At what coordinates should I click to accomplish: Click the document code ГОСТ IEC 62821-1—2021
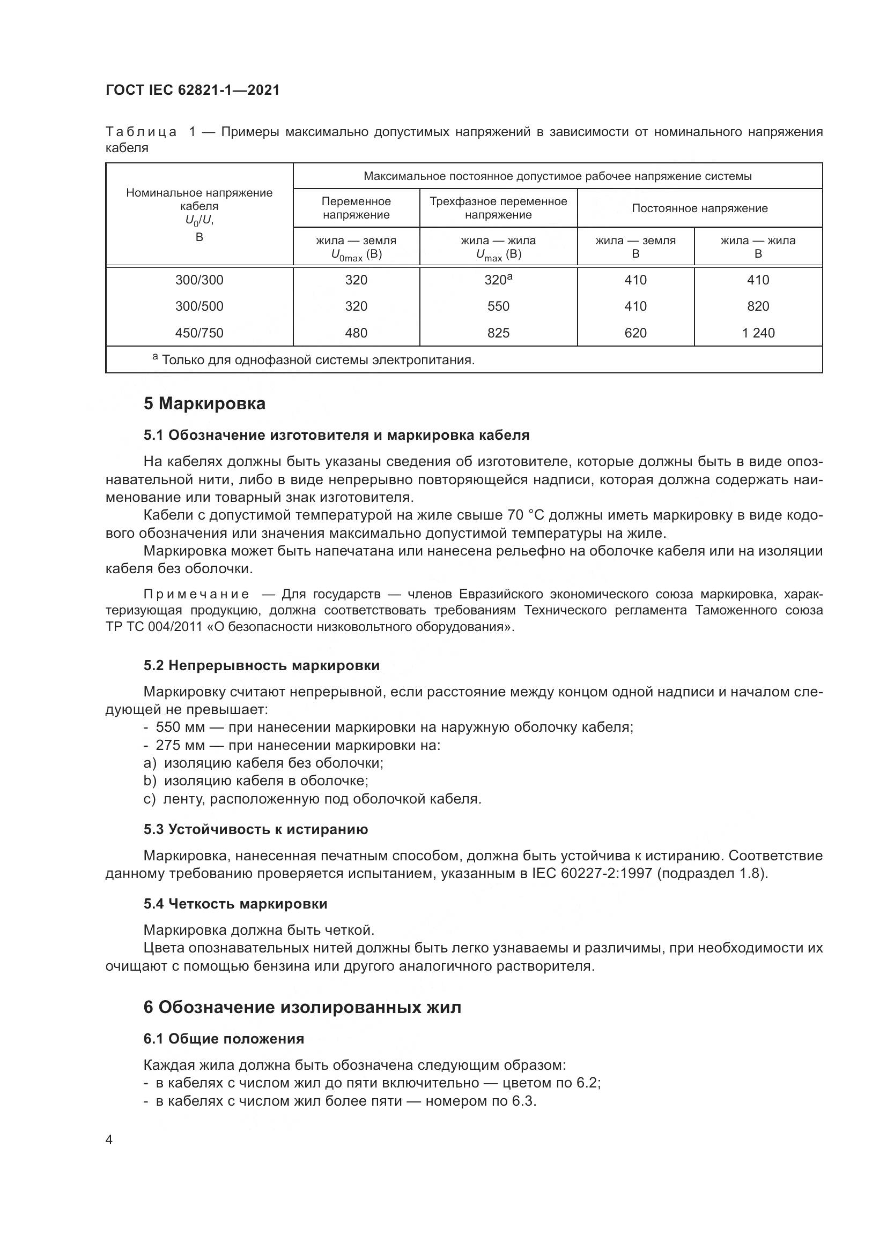(193, 90)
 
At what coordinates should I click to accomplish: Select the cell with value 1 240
(758, 333)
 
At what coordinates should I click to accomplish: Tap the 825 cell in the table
(498, 333)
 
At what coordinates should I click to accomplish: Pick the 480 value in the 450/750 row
(356, 333)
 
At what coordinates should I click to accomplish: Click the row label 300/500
(199, 306)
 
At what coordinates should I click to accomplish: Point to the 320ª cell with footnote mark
(498, 280)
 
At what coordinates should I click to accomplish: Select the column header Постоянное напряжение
(699, 208)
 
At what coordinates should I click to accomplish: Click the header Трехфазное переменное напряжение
(498, 208)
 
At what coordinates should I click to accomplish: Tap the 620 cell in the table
(635, 333)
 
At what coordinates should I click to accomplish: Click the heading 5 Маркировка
(204, 404)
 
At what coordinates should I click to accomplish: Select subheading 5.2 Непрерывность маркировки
(262, 665)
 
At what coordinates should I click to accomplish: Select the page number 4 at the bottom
(109, 1140)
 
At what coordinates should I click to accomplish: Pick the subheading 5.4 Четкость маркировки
(235, 904)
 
